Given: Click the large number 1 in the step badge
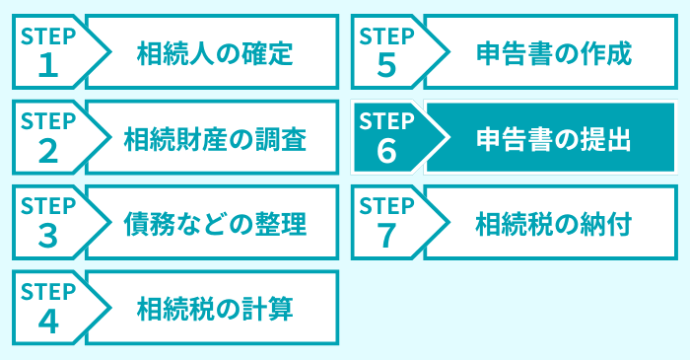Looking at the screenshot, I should pos(47,65).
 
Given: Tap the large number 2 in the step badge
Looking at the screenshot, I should pos(47,151).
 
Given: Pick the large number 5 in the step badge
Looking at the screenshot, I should pos(386,65).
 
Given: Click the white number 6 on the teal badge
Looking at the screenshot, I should pos(386,151).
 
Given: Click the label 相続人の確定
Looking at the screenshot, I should pos(215,52).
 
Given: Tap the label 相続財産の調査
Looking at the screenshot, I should pos(215,138).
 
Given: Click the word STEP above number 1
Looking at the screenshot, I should pos(48,35).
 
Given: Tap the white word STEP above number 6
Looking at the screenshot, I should pos(387,120).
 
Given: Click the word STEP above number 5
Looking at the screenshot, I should pos(387,35).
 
